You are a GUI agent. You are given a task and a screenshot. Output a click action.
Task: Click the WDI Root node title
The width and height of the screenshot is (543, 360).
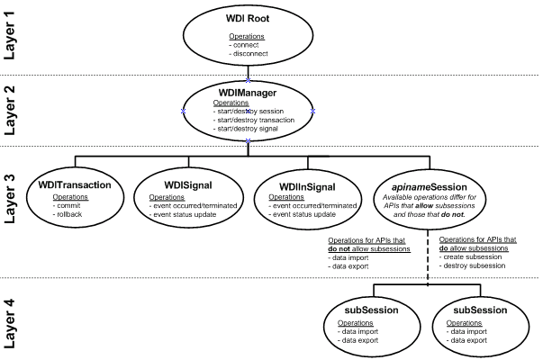point(248,19)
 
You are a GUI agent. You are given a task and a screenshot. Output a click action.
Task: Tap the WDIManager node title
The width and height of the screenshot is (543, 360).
point(248,92)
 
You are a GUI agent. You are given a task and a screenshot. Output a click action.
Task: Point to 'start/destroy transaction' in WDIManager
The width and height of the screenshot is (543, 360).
point(253,120)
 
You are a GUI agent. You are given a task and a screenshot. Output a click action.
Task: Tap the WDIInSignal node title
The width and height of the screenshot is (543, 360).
point(308,185)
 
